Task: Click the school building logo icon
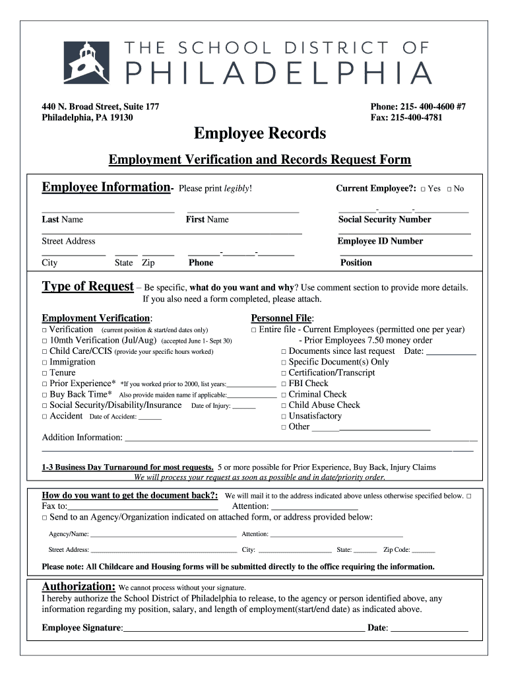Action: [86, 62]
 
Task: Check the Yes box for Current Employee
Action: [422, 189]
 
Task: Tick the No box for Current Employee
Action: [449, 189]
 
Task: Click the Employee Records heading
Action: [259, 133]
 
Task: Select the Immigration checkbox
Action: [44, 362]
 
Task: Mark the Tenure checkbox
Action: [44, 373]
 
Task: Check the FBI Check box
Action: [284, 384]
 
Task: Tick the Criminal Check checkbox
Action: [284, 395]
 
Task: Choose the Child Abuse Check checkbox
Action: [284, 405]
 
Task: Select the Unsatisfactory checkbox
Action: [284, 417]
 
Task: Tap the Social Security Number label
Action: [384, 219]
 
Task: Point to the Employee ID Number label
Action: [380, 241]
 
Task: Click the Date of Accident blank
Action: [150, 417]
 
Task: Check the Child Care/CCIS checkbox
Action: [44, 352]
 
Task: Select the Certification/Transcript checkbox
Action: [284, 373]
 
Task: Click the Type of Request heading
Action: [88, 287]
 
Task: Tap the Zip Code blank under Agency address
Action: [423, 549]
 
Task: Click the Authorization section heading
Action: [79, 586]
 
